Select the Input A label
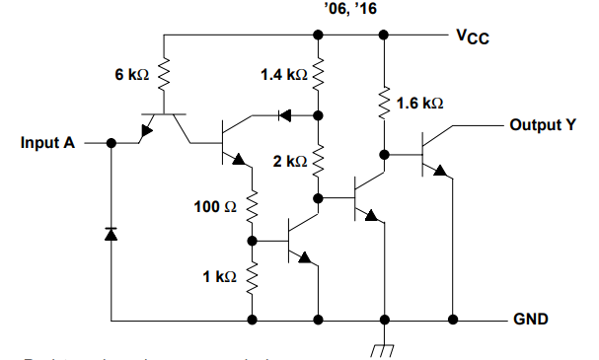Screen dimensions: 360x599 (47, 143)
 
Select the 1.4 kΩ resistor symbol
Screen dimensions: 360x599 (319, 74)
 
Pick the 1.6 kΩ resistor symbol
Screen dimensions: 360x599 (382, 102)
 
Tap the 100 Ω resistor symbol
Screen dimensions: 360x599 (254, 207)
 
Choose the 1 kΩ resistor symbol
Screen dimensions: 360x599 (254, 276)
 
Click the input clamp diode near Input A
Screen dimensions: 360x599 (111, 234)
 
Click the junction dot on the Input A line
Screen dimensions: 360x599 (111, 143)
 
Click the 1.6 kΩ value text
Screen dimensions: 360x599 (419, 103)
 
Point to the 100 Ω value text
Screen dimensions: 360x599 (215, 208)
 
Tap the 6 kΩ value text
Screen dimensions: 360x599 (131, 75)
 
